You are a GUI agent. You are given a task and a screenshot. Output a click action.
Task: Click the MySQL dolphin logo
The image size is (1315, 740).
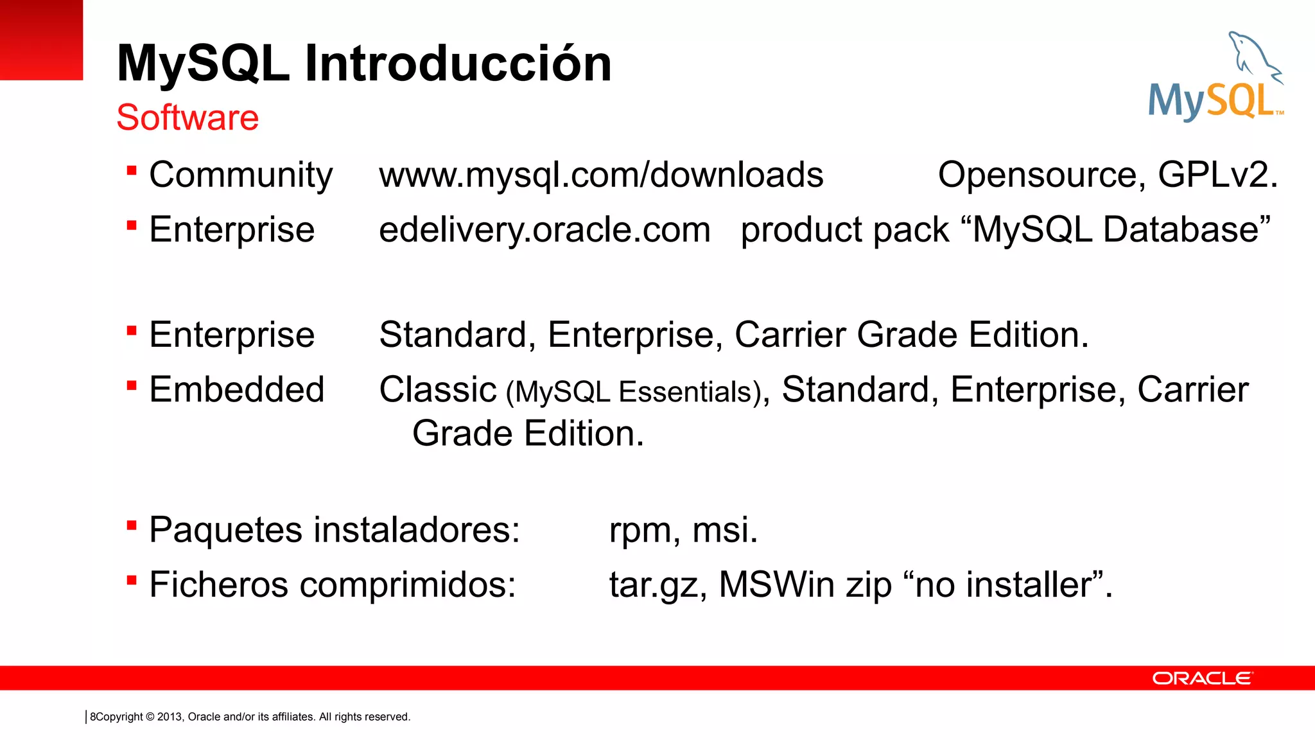(x=1215, y=77)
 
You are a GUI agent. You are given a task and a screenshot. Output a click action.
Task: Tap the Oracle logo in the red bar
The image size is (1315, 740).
(x=1202, y=678)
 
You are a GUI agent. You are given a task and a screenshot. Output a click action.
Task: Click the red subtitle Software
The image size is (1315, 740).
(x=187, y=118)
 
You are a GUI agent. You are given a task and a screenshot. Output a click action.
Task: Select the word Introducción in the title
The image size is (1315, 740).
(x=458, y=64)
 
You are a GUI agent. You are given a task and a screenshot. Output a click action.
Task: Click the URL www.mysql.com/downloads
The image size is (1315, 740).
(x=601, y=175)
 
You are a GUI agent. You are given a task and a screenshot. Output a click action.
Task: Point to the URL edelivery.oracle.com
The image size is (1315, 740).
(x=544, y=230)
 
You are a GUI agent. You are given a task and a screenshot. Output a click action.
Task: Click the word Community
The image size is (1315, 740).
(x=241, y=175)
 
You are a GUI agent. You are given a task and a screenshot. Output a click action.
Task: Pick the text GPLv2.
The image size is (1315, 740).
(x=1217, y=175)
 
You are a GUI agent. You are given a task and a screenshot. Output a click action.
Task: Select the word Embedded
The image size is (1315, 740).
(x=237, y=389)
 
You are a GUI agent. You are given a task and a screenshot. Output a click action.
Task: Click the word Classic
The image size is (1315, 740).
(x=438, y=389)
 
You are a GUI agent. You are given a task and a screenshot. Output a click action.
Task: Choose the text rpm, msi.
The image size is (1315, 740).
(x=683, y=530)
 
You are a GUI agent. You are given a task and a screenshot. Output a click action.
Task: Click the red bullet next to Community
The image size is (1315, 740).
(x=132, y=171)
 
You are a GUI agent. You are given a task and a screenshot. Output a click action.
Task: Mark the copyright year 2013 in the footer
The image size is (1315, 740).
(x=170, y=717)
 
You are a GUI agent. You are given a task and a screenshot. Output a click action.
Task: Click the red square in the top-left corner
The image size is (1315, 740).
(x=41, y=40)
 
